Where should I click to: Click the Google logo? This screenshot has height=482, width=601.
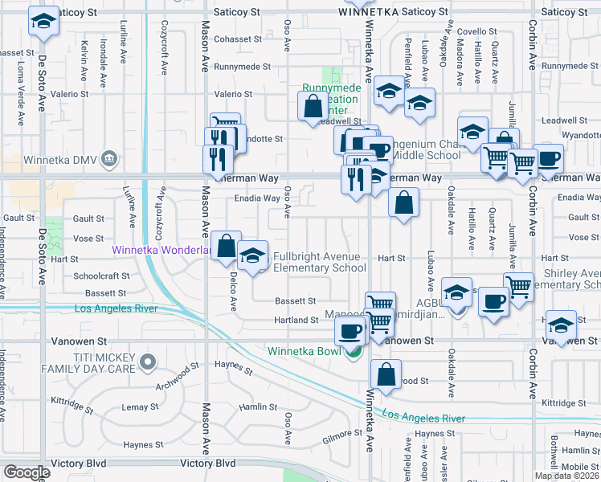tap(27, 472)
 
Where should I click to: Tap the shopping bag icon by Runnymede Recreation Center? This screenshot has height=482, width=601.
tap(312, 106)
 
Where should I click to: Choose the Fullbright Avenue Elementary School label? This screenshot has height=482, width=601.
tap(320, 262)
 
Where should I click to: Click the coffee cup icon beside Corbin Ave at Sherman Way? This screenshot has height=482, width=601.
tap(548, 157)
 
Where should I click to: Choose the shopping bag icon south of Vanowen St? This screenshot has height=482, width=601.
tap(386, 374)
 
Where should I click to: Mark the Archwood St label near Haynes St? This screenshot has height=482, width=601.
tap(178, 375)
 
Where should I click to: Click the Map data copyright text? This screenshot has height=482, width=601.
tap(566, 476)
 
